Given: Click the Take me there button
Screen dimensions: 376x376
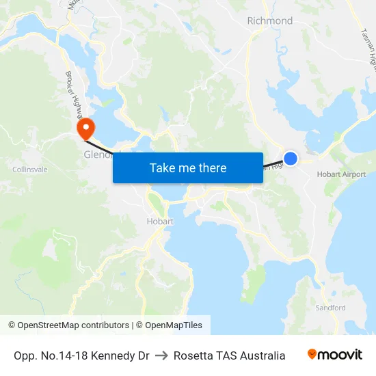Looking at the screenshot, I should click(188, 167).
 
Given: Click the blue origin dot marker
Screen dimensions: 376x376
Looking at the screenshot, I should click(291, 159).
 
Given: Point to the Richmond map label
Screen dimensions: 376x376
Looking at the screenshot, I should click(269, 21).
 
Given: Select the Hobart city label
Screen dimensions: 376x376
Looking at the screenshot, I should click(160, 221).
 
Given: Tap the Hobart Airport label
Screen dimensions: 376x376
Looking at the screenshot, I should click(341, 175).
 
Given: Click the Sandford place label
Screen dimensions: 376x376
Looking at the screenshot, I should click(330, 308).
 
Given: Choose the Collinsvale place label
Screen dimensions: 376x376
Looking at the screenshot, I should click(30, 170).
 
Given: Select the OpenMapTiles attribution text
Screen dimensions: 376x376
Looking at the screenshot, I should click(172, 325).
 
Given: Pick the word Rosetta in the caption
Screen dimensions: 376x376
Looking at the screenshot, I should click(194, 355).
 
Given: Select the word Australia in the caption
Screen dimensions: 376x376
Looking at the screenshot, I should click(263, 355).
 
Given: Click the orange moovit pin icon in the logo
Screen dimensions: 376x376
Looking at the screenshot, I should click(312, 355).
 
